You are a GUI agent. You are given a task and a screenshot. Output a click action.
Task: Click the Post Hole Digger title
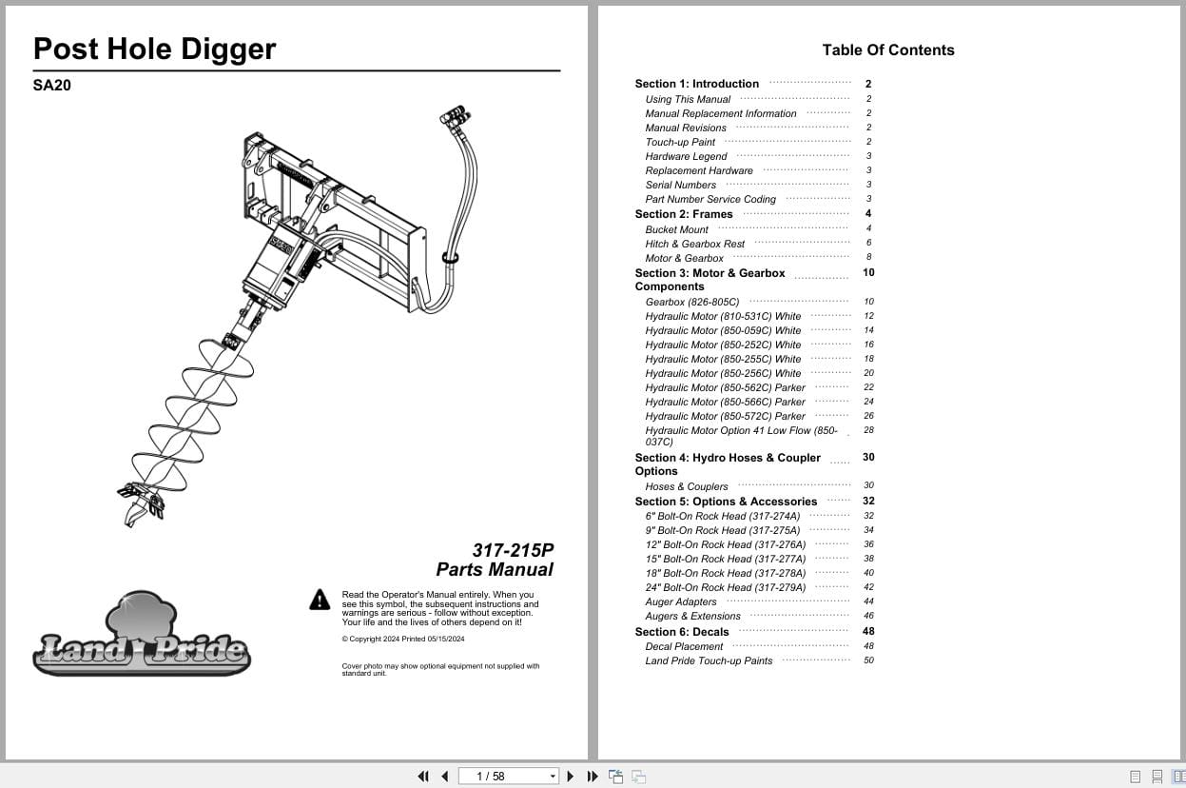tap(154, 49)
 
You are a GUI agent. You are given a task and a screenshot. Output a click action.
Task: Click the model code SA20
tap(51, 85)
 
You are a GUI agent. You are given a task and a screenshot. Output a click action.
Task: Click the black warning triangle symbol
tap(320, 600)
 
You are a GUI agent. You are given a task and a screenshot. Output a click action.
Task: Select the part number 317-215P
tap(513, 550)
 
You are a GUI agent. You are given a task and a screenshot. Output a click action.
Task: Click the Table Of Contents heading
tap(887, 50)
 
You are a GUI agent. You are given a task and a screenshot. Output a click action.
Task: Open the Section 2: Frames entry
tap(684, 214)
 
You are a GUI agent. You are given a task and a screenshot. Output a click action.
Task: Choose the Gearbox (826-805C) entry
tap(691, 302)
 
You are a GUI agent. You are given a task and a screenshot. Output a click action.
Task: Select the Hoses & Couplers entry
tap(686, 486)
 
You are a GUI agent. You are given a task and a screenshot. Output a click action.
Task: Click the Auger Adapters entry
tap(681, 601)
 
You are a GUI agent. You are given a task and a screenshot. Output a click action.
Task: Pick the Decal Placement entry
tap(684, 646)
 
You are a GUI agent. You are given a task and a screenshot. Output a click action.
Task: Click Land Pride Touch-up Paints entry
tap(709, 660)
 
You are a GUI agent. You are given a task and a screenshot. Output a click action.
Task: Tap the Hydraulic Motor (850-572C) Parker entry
tap(725, 416)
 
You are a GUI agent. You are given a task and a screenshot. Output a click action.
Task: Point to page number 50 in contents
tap(868, 660)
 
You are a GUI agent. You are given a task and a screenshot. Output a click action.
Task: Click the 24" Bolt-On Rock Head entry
tap(725, 587)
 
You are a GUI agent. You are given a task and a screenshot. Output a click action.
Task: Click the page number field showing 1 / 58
tap(508, 777)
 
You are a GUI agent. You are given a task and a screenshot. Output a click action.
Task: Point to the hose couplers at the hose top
tap(455, 118)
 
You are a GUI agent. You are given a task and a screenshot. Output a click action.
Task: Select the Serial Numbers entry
tap(680, 185)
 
